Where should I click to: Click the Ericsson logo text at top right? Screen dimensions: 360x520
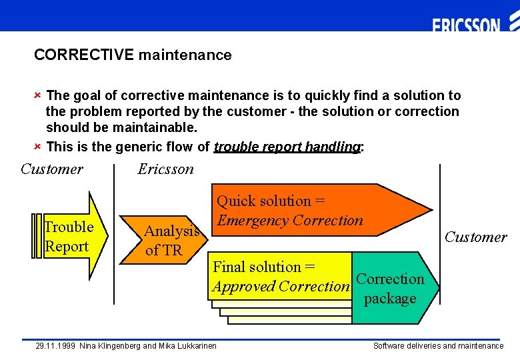click(466, 25)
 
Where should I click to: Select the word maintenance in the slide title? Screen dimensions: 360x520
click(185, 55)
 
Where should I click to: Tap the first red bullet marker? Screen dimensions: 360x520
click(38, 95)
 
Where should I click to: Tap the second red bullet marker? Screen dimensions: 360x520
click(38, 146)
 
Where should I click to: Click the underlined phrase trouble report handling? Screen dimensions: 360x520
click(287, 147)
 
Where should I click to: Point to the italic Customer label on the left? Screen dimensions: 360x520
click(52, 169)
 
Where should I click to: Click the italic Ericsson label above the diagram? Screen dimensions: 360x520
click(165, 169)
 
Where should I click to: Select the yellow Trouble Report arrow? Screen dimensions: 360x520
click(70, 237)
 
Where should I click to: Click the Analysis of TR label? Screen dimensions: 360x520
click(171, 241)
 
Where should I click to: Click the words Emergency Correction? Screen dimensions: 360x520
click(290, 221)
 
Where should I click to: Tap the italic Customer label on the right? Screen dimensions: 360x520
click(475, 237)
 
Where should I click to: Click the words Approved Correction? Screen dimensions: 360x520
click(280, 287)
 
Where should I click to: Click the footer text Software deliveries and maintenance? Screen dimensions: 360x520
click(438, 346)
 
